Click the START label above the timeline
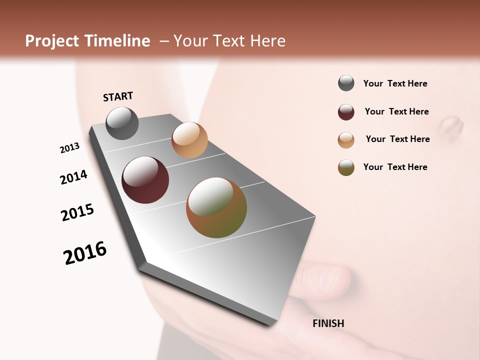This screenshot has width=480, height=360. pos(118,96)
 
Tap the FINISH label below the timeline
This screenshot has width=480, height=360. pos(328,323)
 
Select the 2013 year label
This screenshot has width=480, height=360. pos(69,148)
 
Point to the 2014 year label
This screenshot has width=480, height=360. pos(73,177)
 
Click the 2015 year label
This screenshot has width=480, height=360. pos(77,212)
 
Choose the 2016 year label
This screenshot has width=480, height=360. pos(85,253)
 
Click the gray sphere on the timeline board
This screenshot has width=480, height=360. pos(122,123)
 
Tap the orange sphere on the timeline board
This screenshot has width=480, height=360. pos(189,140)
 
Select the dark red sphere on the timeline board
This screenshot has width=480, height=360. pos(145,180)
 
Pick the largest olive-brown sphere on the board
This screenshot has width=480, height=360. pos(216,207)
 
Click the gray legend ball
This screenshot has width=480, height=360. pos(346,83)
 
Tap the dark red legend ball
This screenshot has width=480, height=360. pos(346,112)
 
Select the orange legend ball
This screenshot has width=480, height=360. pos(346,140)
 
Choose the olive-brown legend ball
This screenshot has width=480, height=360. pos(346,167)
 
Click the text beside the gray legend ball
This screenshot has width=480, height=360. pos(395,83)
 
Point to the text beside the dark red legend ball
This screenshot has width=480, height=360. pos(396,111)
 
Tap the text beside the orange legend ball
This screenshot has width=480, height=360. pos(397,139)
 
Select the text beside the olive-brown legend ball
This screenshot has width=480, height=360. pos(395,167)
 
